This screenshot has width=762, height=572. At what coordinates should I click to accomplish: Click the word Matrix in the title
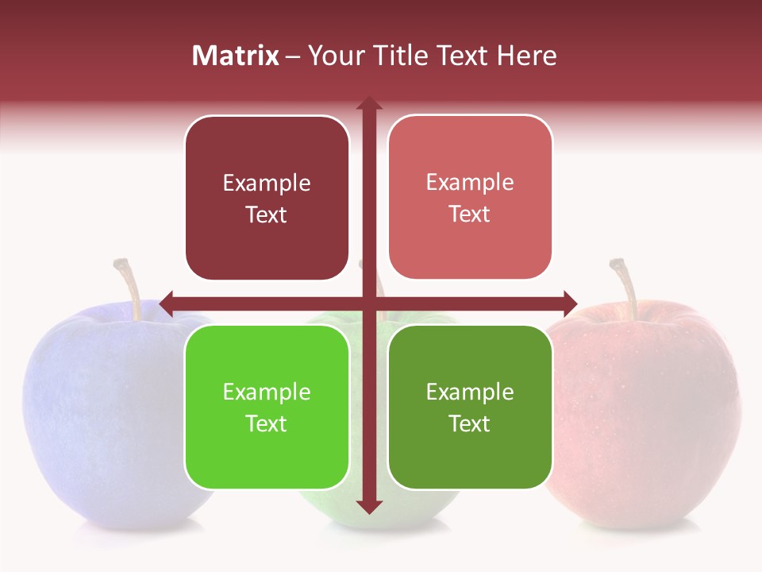236,56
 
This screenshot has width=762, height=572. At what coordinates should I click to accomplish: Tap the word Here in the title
527,56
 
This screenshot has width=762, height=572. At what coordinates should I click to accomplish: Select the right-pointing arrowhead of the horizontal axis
569,303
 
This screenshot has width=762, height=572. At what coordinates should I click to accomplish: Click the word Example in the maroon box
267,184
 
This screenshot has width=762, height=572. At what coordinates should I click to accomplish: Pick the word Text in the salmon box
470,214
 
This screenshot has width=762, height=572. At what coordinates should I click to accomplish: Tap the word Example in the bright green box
267,392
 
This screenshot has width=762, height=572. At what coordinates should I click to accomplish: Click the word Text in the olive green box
470,423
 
